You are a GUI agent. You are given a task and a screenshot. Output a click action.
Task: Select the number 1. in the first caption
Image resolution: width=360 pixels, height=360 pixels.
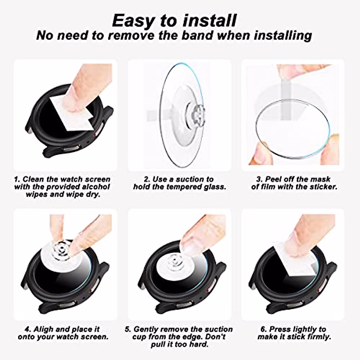tap(17, 179)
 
